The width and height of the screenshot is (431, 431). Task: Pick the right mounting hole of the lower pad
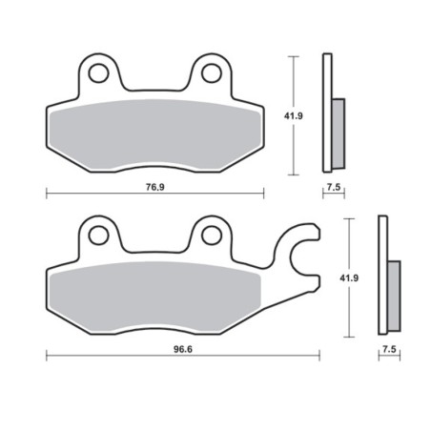coord(211,232)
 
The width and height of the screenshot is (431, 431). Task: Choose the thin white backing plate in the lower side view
coord(383,277)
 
